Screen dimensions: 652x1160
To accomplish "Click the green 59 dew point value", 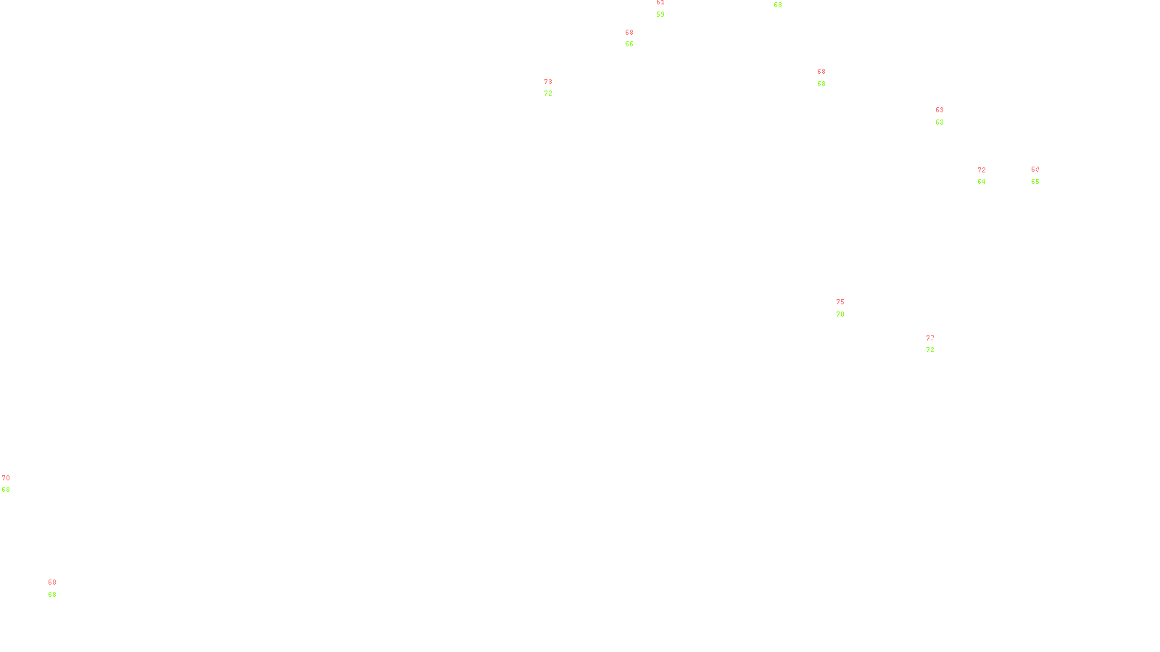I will point(660,14).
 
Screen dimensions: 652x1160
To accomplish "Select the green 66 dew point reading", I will point(629,44).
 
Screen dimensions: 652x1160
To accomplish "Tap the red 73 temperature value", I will point(548,82).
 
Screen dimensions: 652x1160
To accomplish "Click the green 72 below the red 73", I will point(548,93).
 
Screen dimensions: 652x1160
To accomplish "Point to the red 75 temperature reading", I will point(840,302).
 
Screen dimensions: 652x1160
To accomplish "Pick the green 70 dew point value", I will point(840,314).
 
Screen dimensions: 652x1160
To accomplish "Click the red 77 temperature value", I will point(929,338).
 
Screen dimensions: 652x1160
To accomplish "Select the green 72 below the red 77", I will point(929,350).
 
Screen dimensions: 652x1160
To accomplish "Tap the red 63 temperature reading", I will point(939,110).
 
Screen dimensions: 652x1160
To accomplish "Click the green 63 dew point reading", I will point(939,122).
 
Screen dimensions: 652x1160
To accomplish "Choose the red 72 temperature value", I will point(981,170).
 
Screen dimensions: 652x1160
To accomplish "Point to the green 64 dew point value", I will point(981,182).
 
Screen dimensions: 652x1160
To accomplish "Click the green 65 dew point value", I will point(1035,182).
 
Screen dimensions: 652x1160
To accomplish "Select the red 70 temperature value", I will point(6,478).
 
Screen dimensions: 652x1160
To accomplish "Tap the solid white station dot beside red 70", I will point(12,484).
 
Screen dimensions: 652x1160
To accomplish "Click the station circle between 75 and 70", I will point(847,308).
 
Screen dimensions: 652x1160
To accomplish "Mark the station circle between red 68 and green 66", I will point(636,38).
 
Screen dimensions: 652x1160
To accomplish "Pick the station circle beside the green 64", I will point(988,176).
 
